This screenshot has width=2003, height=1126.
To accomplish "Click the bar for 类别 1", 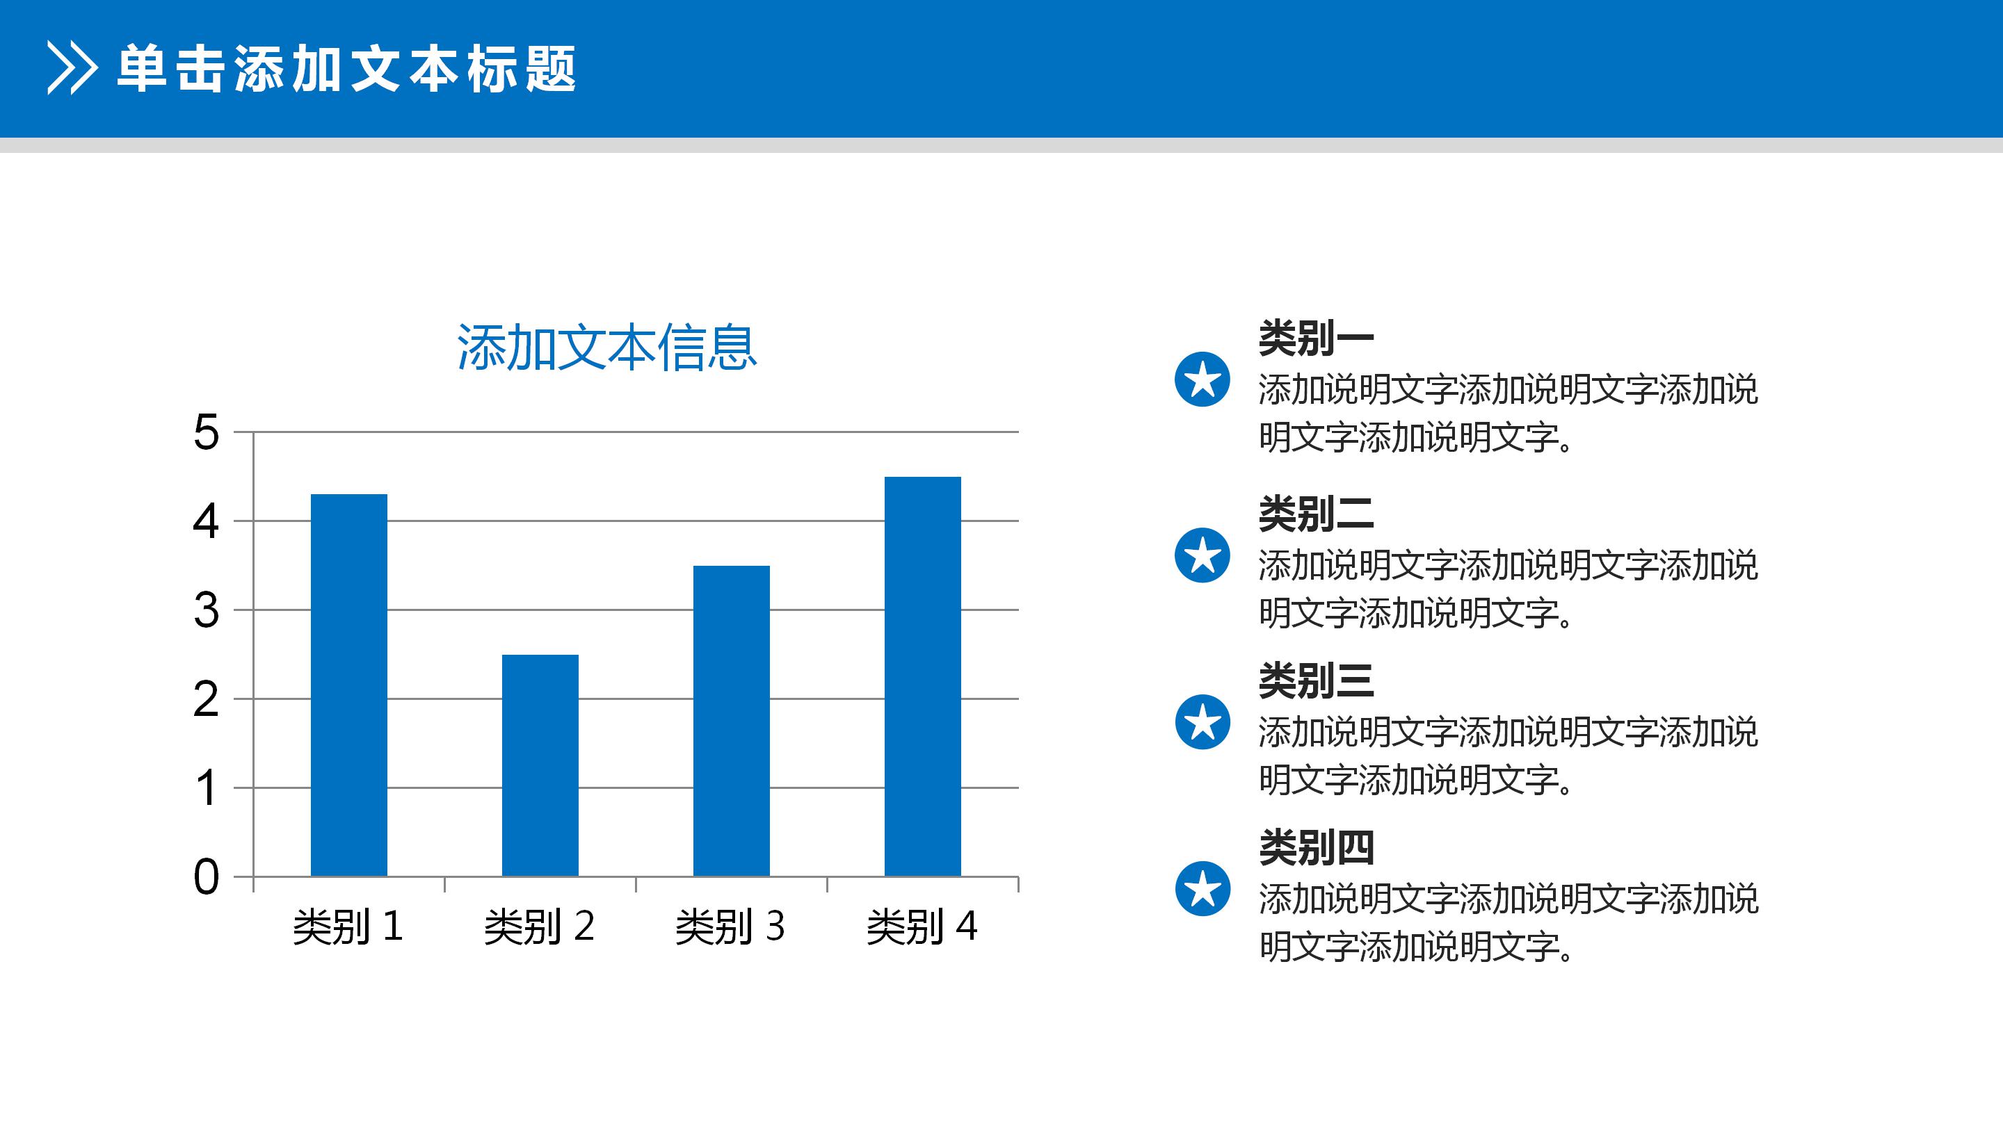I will point(348,685).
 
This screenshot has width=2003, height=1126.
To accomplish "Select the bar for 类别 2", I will point(540,765).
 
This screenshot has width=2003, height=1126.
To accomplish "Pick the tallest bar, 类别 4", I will point(922,676).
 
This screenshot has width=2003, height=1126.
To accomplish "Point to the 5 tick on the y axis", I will point(206,432).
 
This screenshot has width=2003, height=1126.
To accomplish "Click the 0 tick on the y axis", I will point(206,877).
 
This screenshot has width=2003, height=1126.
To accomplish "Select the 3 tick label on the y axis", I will point(206,611).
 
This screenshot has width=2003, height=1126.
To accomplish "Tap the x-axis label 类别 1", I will point(348,927).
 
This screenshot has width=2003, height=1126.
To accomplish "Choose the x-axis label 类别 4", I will point(922,927).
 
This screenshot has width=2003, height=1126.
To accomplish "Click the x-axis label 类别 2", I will point(539,927).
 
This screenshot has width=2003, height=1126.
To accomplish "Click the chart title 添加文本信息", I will point(606,348).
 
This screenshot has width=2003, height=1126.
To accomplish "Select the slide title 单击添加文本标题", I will point(347,70).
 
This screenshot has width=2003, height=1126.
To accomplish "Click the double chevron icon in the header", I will point(72,68).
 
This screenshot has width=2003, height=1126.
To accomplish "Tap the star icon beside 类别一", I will point(1202,380).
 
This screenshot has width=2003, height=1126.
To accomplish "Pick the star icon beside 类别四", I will point(1202,888).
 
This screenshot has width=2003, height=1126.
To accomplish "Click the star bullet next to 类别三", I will point(1202,722).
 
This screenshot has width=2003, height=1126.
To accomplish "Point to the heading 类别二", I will point(1316,514).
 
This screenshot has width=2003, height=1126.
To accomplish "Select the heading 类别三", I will point(1316,680).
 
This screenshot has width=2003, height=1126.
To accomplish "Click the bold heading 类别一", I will point(1316,338).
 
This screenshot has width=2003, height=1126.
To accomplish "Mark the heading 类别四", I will point(1316,847).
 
